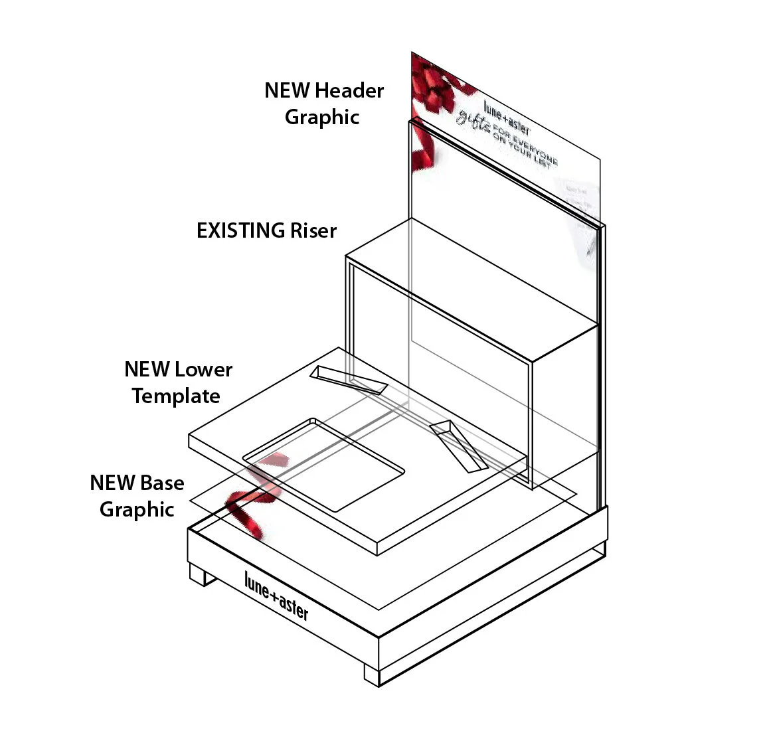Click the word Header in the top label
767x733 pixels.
(x=349, y=90)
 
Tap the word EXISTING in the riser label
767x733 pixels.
(x=240, y=230)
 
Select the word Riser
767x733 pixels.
(x=313, y=230)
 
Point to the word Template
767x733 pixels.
(x=176, y=396)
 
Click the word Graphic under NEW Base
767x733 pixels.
(x=137, y=509)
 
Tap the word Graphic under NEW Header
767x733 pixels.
(x=322, y=117)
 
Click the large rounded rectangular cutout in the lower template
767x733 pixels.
(x=325, y=464)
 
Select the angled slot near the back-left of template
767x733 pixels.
(x=349, y=379)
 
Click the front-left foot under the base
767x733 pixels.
(x=202, y=574)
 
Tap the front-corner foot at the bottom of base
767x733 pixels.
(x=372, y=674)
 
